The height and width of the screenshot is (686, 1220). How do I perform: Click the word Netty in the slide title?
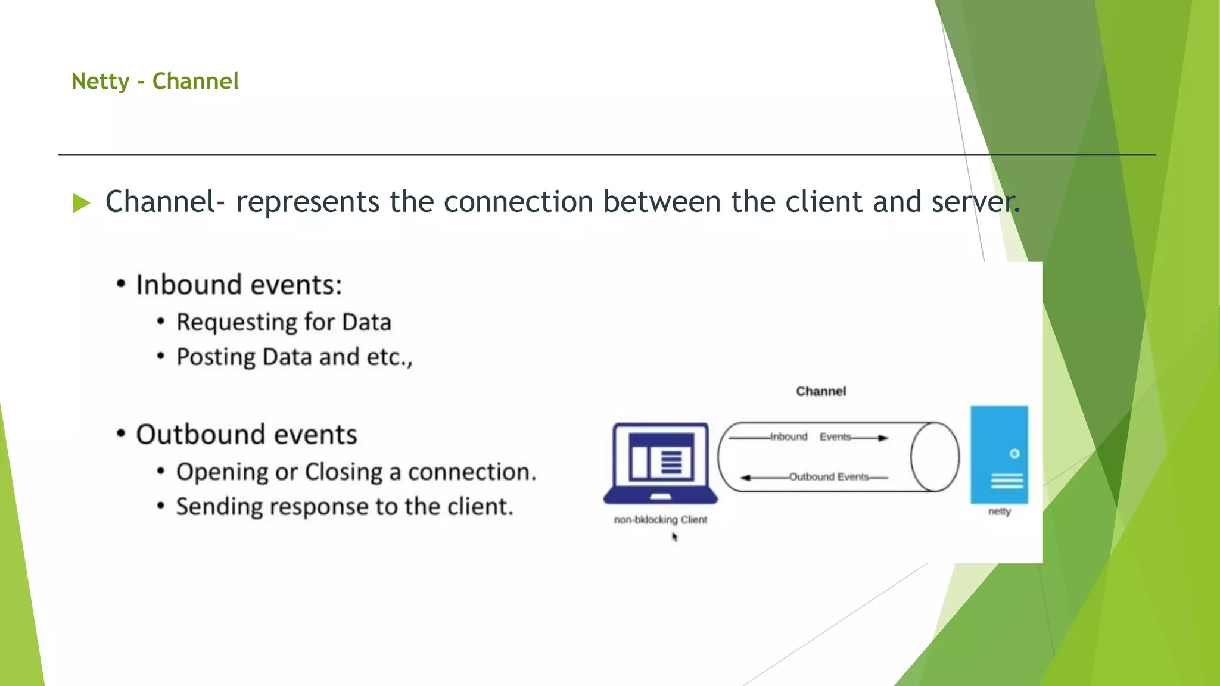coord(100,82)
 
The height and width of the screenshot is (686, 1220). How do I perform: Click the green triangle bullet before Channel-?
coord(81,203)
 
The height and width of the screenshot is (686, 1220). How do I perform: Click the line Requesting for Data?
coord(284,322)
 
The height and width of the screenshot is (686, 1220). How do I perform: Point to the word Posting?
coord(216,357)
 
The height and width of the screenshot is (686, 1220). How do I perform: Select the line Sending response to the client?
coord(344,507)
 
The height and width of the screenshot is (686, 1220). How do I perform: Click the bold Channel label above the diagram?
coord(821,391)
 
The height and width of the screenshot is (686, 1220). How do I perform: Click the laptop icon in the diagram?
coord(661,463)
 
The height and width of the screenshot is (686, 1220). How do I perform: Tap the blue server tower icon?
coord(999,455)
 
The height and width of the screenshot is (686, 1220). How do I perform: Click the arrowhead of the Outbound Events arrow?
coord(745,478)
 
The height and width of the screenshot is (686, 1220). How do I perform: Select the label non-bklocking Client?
coord(661,520)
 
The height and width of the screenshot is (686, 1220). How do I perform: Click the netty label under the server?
coord(1000,512)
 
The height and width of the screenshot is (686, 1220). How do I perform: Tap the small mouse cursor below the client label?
coord(675,537)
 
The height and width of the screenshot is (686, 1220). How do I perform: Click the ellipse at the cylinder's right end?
coord(935,457)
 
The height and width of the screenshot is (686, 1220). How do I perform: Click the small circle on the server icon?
coord(1014,454)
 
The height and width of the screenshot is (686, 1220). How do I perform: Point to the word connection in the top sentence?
coord(518,202)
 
